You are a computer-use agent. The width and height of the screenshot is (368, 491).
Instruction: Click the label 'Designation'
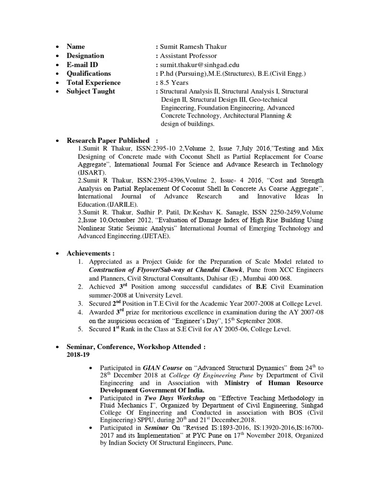(85, 56)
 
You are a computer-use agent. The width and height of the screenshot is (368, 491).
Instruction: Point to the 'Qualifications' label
(89, 73)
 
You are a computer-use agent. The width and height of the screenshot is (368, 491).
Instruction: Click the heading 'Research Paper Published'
(108, 140)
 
